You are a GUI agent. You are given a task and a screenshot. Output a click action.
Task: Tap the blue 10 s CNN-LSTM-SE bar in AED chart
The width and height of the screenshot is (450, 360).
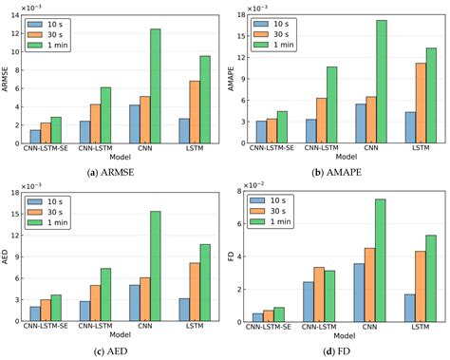35,314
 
